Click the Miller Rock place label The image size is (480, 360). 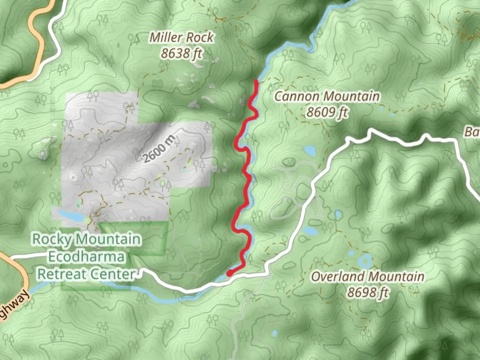[x=181, y=37]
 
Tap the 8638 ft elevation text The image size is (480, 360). [x=181, y=53]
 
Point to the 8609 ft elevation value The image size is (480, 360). [x=327, y=112]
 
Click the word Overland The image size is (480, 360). [x=338, y=277]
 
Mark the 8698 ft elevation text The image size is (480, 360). [x=368, y=293]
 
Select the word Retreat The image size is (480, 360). [x=62, y=274]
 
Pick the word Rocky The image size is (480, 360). [x=51, y=239]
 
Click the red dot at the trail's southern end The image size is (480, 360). [x=229, y=274]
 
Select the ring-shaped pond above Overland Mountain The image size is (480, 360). [x=365, y=261]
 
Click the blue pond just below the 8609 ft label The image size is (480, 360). [x=310, y=151]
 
